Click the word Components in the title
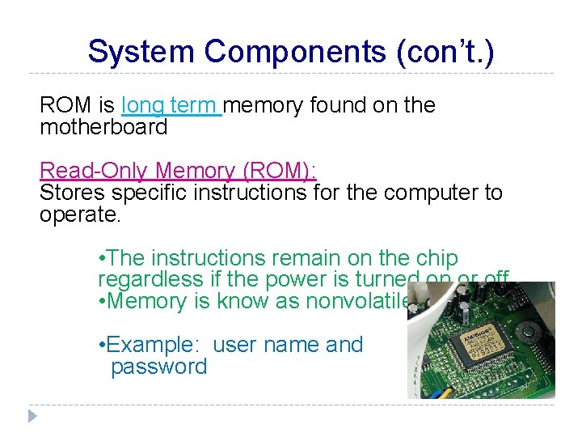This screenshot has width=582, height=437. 295,52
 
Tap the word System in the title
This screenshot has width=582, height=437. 141,52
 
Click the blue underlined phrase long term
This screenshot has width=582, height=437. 170,105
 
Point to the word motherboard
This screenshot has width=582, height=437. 103,127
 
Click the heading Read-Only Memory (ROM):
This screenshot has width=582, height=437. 178,171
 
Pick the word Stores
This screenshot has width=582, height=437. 72,193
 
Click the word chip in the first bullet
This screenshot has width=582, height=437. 436,258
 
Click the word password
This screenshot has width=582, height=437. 159,367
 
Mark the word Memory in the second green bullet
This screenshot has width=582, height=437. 148,302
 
